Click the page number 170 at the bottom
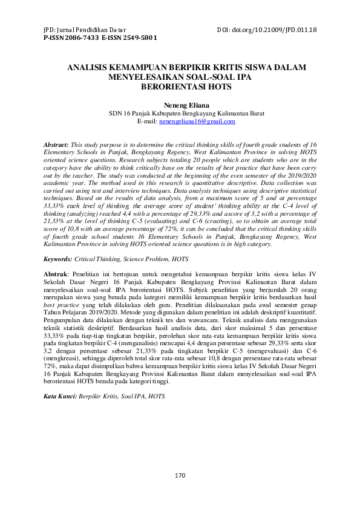[x=180, y=476]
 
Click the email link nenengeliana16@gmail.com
[x=197, y=122]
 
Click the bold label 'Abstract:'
[x=57, y=146]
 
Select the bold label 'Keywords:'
[x=57, y=259]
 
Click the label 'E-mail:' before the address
[x=147, y=122]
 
